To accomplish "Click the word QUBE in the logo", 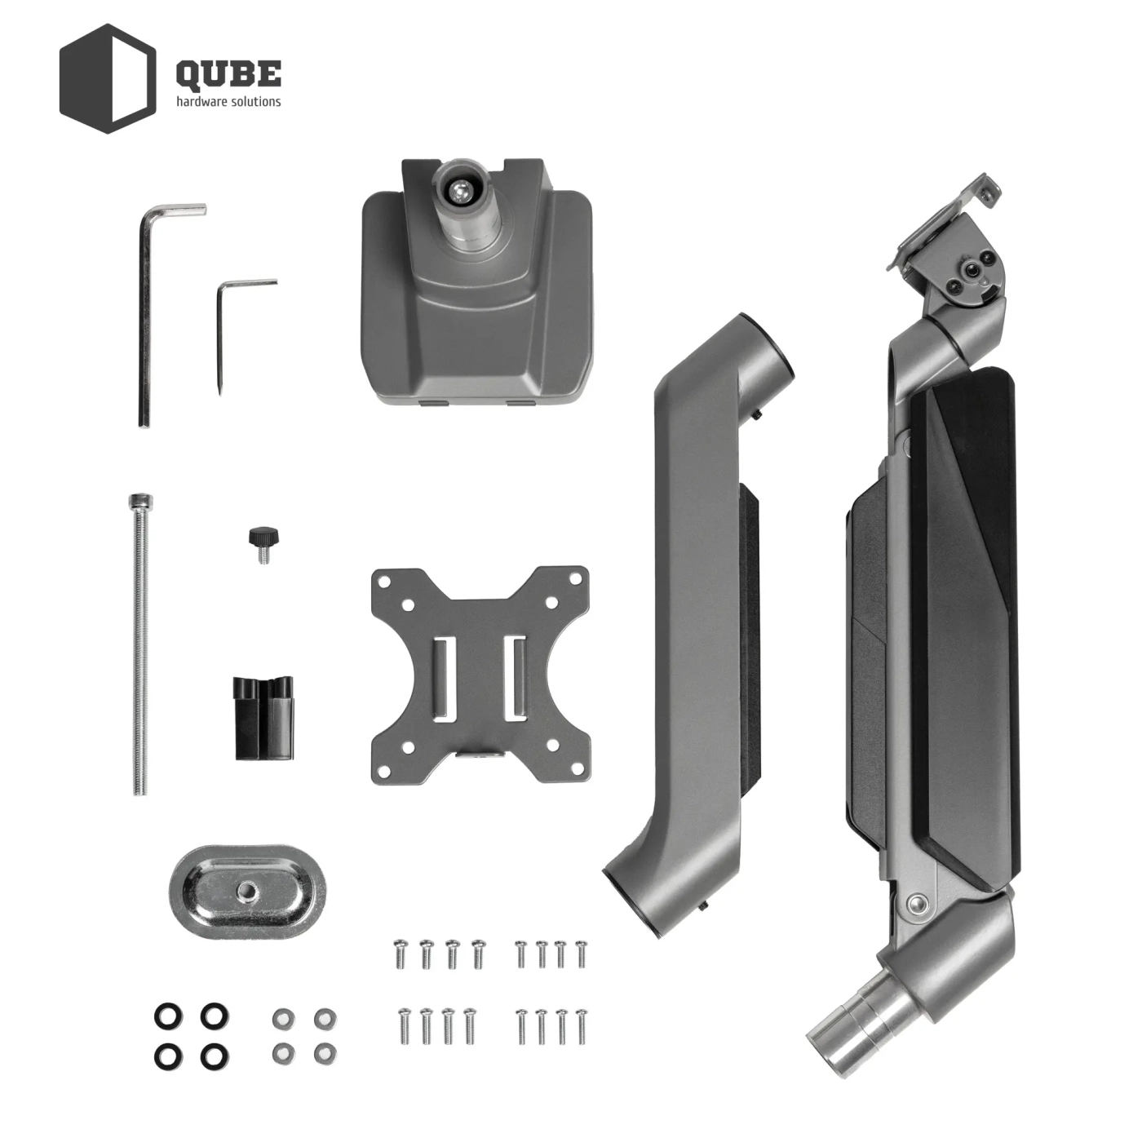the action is point(228,73).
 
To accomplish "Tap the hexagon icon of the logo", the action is point(108,78).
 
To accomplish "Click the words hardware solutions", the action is point(228,102).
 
